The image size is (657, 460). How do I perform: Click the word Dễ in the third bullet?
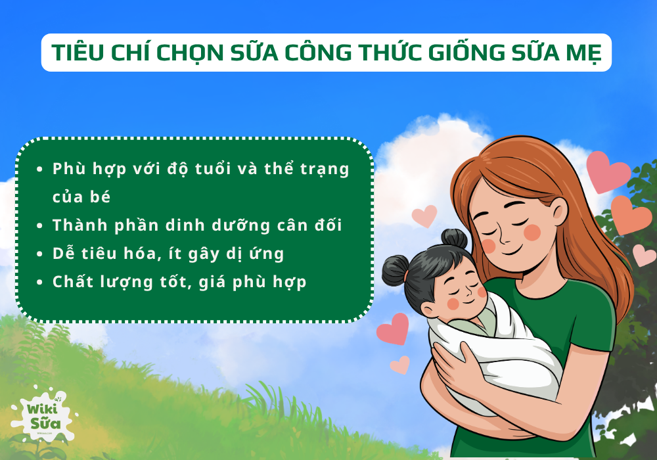tap(64, 254)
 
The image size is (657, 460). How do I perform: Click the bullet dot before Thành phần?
tap(41, 225)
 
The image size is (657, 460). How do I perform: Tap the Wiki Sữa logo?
tap(43, 414)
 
